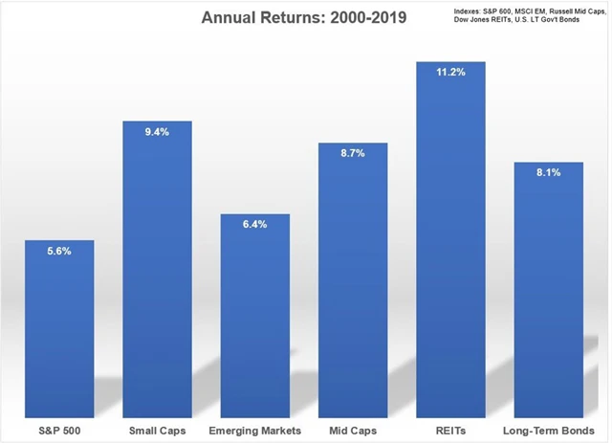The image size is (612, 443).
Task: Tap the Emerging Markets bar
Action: click(x=255, y=316)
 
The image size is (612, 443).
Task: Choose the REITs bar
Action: click(x=451, y=239)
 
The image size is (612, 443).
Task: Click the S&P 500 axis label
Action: click(x=60, y=430)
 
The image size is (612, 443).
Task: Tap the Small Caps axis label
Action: click(x=158, y=430)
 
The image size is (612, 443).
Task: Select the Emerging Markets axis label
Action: click(x=255, y=430)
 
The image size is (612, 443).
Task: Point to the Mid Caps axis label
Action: click(x=353, y=430)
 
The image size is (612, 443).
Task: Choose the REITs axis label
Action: click(x=451, y=430)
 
